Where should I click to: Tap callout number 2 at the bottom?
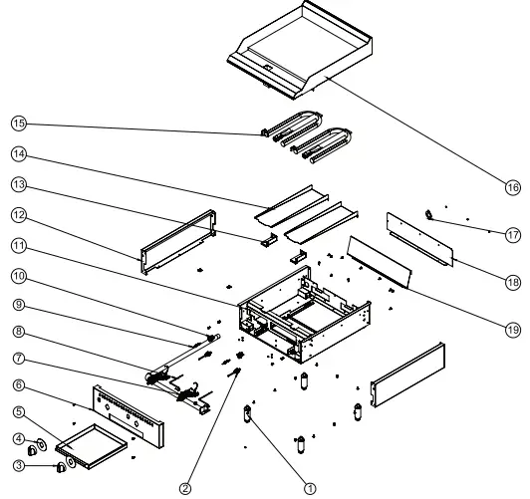coord(184,487)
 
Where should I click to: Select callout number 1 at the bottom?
coord(310,488)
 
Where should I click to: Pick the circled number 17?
coord(513,235)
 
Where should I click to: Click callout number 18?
coord(513,282)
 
